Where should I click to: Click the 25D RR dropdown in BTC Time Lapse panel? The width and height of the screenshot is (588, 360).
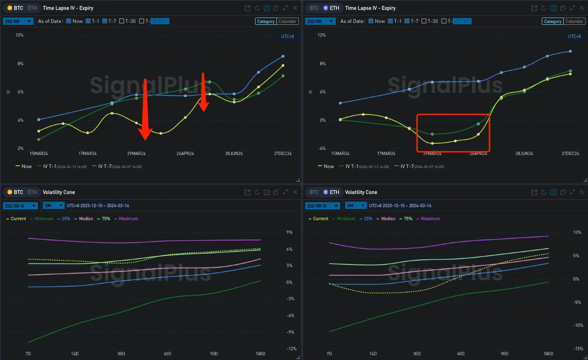click(18, 21)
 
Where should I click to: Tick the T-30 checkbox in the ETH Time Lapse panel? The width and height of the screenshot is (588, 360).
click(424, 21)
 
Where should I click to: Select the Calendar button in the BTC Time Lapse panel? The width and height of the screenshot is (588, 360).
click(288, 21)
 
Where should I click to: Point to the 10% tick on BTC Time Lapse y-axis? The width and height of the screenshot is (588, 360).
click(19, 35)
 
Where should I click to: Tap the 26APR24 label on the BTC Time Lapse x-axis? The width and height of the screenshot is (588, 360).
click(185, 153)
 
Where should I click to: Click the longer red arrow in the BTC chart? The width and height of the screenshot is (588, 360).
click(145, 110)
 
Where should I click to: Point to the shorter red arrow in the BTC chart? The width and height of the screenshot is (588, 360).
click(204, 93)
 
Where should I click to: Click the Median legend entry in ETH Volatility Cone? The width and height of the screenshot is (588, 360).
click(388, 219)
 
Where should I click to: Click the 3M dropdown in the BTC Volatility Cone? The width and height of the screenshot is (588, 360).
click(53, 206)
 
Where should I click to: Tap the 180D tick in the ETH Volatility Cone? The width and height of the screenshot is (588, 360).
click(548, 353)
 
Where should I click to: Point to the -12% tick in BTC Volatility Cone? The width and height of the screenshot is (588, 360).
click(292, 349)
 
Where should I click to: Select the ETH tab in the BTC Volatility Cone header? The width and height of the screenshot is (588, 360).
click(32, 192)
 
